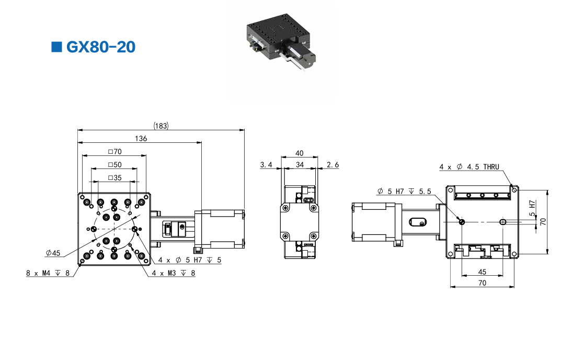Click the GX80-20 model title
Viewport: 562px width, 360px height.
click(x=101, y=47)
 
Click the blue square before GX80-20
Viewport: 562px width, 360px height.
click(x=56, y=47)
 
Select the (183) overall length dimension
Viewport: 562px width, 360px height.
click(x=161, y=126)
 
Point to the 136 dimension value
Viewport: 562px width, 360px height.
click(x=141, y=139)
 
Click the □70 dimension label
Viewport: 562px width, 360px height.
click(x=114, y=152)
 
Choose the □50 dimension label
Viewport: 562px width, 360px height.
click(x=114, y=165)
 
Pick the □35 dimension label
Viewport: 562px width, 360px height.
click(x=114, y=178)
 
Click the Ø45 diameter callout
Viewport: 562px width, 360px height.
click(x=53, y=253)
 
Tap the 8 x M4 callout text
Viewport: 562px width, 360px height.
click(x=48, y=273)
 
